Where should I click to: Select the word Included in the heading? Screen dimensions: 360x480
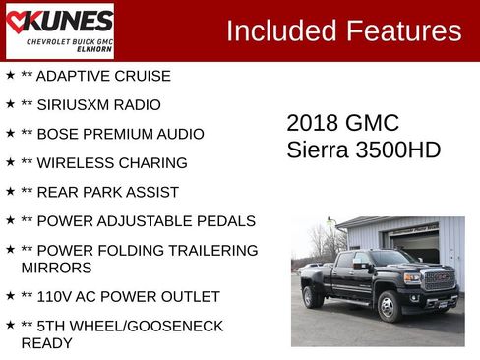(x=279, y=30)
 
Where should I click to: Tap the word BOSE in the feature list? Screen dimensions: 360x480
(x=59, y=134)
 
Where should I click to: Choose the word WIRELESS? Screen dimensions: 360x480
(x=78, y=163)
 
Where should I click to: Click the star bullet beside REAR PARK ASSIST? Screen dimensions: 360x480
(x=10, y=191)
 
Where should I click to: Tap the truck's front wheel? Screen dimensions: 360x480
(x=390, y=306)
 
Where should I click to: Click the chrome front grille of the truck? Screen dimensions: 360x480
(x=438, y=280)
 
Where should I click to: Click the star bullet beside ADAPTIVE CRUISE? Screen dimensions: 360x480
(x=10, y=75)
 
